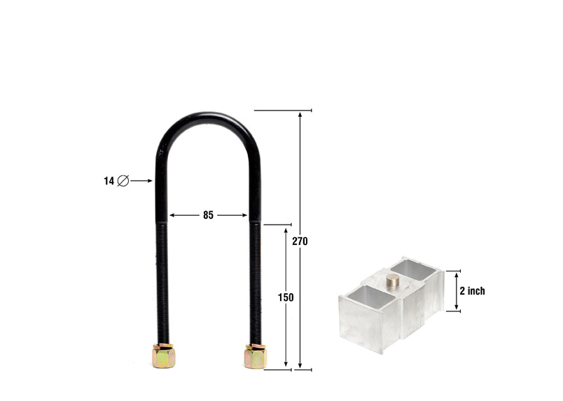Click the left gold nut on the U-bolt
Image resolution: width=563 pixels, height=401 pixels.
[163, 357]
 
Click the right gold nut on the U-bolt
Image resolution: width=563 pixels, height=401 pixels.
[256, 356]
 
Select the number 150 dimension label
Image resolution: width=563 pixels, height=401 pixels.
[286, 297]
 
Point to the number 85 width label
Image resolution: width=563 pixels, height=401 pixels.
[208, 216]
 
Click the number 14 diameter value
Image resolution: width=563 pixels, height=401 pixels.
[109, 181]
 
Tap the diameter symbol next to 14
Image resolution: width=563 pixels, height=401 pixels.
[123, 181]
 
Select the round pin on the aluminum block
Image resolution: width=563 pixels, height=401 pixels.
[393, 281]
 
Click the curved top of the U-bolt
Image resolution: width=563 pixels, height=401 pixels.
[208, 117]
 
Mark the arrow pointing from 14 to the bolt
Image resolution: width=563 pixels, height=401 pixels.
[141, 181]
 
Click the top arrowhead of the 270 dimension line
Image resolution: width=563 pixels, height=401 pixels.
[301, 115]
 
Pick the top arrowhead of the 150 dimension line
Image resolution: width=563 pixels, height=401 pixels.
[286, 230]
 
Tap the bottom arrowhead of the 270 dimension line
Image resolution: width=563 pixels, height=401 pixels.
[301, 364]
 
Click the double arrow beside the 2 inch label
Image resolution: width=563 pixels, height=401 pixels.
[457, 290]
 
